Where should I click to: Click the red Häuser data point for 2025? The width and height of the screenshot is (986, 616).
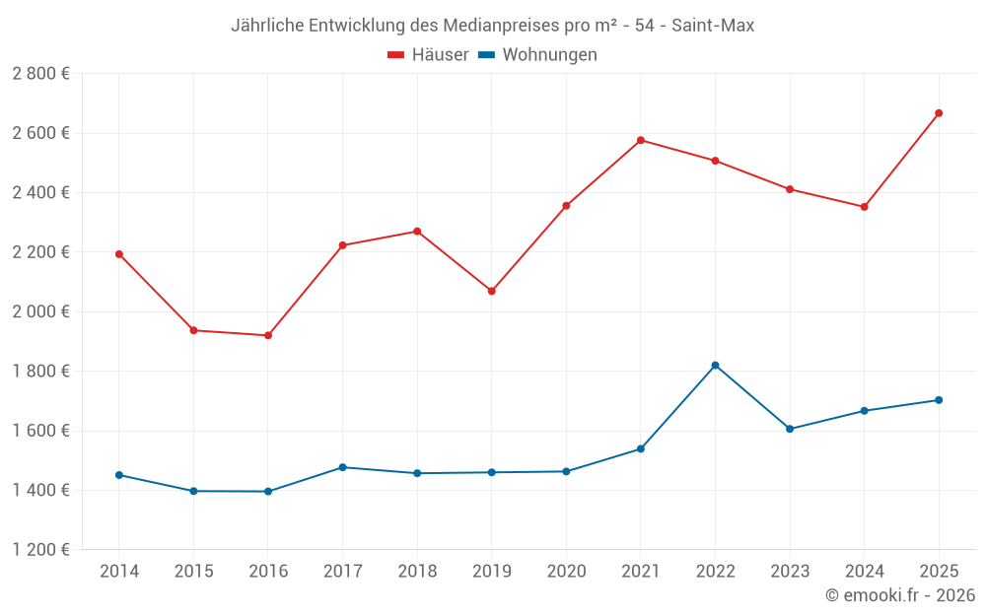[939, 113]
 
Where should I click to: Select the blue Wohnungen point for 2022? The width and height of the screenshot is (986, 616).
[715, 366]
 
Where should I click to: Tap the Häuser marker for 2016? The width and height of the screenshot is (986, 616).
[268, 335]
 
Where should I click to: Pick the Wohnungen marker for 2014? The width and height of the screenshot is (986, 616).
[119, 475]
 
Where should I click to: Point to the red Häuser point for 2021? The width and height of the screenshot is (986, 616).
[641, 140]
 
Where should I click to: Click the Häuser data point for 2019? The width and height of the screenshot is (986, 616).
[492, 291]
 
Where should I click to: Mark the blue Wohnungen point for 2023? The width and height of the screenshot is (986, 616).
[790, 429]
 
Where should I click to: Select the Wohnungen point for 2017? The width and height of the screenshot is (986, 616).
[342, 467]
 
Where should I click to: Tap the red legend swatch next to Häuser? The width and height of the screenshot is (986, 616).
[396, 55]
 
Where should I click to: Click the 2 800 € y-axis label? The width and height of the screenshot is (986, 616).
[40, 74]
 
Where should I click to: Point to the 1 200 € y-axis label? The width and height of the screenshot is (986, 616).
[40, 550]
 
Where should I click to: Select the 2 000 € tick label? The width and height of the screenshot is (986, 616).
[40, 311]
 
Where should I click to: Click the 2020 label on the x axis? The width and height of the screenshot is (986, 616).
[566, 572]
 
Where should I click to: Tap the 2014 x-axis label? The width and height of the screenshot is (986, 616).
[119, 572]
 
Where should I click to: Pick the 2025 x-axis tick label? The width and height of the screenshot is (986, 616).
[939, 572]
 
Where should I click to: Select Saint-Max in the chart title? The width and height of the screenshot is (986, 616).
[713, 26]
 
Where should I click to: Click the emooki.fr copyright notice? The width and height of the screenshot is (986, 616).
[899, 595]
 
